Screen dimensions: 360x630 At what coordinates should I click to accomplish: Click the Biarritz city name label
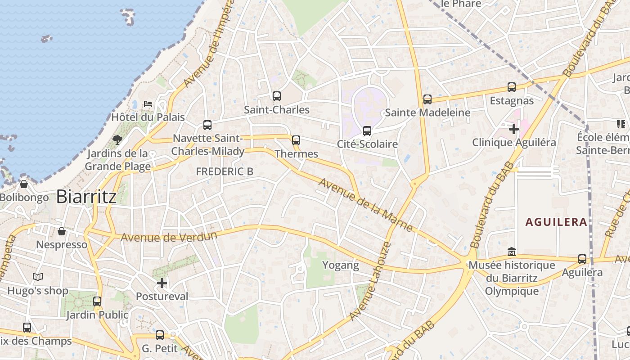pos(86,197)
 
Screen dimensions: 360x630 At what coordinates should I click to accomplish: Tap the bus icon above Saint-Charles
pos(276,96)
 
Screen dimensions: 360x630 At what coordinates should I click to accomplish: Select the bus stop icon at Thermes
pos(296,140)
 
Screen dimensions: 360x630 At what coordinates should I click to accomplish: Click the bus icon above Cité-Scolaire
pos(367,131)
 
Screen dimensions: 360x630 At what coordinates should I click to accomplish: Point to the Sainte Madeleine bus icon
pos(427,99)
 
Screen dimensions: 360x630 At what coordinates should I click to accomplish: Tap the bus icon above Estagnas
pos(511,87)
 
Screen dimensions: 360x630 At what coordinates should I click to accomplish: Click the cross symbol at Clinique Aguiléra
pos(513,129)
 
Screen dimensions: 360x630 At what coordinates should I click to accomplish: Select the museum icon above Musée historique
pos(511,252)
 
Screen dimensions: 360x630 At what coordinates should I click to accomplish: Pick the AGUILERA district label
pos(556,222)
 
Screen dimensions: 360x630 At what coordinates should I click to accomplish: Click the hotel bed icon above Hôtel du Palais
pos(148,104)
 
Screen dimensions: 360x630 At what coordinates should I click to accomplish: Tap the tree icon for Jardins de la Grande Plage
pos(117,139)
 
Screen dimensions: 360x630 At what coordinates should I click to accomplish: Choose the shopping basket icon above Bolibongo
pos(24,184)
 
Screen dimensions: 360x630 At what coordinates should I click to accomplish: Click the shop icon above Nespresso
pos(62,231)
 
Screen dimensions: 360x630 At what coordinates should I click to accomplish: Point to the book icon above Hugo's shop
pos(38,277)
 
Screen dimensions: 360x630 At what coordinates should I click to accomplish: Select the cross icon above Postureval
pos(162,283)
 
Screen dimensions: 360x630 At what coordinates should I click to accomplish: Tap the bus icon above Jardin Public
pos(97,301)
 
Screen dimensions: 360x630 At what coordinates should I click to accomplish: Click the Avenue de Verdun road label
pos(169,236)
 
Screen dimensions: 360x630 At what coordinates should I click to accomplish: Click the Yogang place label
pos(341,265)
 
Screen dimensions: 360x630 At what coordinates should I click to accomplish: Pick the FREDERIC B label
pos(225,171)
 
